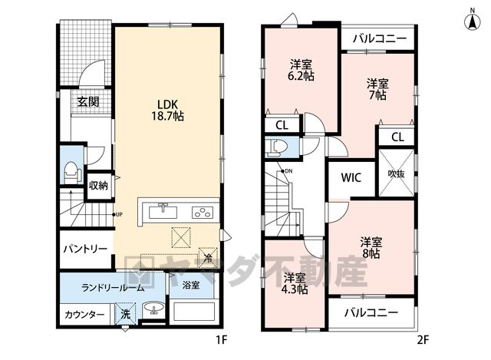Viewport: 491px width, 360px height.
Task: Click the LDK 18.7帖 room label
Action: coord(168,111)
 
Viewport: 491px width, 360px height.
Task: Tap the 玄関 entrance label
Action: coord(88,102)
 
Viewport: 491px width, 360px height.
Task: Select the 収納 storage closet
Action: coord(98,186)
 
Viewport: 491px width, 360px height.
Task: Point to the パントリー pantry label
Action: coord(85,249)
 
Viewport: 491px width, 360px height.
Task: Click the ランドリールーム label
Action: coord(113,287)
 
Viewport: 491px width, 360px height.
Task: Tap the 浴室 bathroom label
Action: coord(191,285)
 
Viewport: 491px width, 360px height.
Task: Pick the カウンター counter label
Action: coord(84,314)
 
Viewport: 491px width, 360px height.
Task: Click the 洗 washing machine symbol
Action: coord(125,314)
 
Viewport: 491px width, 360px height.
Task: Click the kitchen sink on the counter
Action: coord(163,211)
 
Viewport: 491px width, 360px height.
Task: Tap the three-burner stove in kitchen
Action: coord(203,213)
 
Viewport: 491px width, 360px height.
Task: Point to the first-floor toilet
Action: coord(72,173)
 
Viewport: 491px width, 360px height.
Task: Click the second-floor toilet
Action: coord(276,147)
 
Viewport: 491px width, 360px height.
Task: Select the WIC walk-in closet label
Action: coord(351,177)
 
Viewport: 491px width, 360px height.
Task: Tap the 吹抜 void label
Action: coord(396,173)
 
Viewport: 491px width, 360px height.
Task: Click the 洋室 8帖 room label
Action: coord(371,247)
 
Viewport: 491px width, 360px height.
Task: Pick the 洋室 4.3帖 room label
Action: coord(295,283)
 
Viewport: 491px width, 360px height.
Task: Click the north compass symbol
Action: coord(473,21)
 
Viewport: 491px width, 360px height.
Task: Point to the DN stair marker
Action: coord(287,171)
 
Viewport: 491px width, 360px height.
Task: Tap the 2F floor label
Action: coord(423,340)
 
